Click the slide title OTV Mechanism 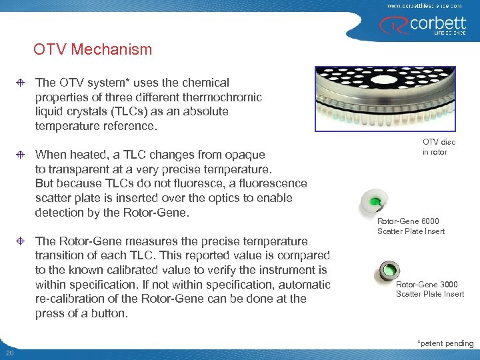point(93,49)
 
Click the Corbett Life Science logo point(424,25)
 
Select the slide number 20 point(9,353)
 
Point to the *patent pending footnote point(445,343)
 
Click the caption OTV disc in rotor point(435,147)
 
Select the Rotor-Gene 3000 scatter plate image point(387,270)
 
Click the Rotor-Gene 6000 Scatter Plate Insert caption point(411,226)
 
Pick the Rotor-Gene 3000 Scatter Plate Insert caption point(430,289)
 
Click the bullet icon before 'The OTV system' point(21,83)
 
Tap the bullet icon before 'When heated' point(21,155)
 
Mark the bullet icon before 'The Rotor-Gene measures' point(21,241)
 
